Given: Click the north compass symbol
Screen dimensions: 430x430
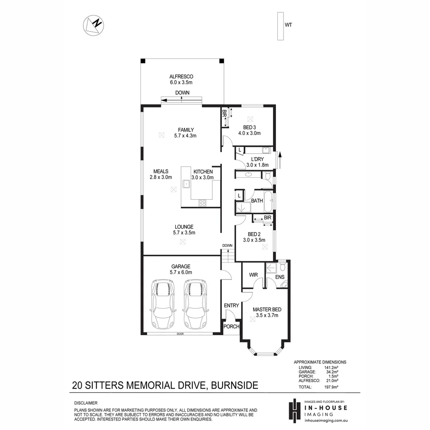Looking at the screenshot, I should (93, 25).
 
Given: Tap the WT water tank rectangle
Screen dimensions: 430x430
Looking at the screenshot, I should (280, 26).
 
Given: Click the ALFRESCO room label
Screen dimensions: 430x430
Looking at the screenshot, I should (181, 76).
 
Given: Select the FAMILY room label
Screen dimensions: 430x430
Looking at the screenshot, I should (186, 130).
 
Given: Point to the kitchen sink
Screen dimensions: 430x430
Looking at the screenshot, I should (186, 184).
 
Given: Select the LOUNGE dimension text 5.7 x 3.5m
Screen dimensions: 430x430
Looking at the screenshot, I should (184, 233).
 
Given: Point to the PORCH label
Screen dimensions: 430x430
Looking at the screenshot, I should (231, 327).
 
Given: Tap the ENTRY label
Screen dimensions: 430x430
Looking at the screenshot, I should (231, 306).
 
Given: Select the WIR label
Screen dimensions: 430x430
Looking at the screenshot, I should (254, 275).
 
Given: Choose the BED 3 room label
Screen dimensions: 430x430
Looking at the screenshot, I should (249, 127).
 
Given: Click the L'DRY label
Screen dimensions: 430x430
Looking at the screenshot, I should (257, 159).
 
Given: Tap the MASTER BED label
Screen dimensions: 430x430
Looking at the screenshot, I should (267, 309).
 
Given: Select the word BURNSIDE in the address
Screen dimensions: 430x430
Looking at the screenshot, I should (235, 385).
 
